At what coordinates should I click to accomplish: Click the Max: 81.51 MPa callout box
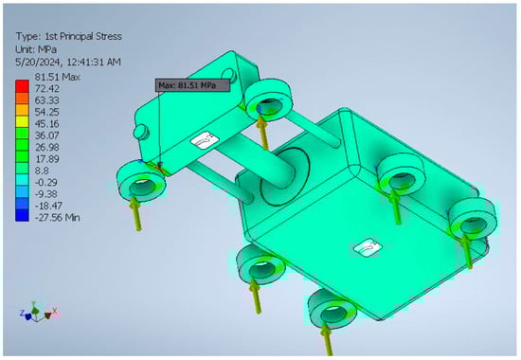point(192,85)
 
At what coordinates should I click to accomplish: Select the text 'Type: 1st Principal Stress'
point(69,36)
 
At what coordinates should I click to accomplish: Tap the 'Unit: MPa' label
point(36,49)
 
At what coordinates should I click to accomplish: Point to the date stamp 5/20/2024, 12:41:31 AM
point(68,63)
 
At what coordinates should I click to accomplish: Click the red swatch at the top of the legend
point(22,86)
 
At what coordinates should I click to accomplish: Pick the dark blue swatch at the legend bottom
point(22,215)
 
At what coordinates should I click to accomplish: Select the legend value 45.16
point(46,124)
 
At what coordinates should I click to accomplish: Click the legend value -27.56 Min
point(57,218)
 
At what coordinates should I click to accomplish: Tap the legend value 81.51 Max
point(58,77)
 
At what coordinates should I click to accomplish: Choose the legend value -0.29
point(46,182)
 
